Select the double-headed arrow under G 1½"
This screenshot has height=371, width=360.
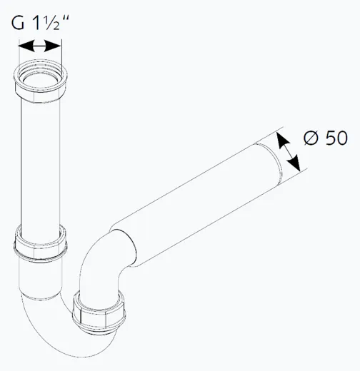coord(39,46)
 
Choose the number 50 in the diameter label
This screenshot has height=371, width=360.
coord(336,138)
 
